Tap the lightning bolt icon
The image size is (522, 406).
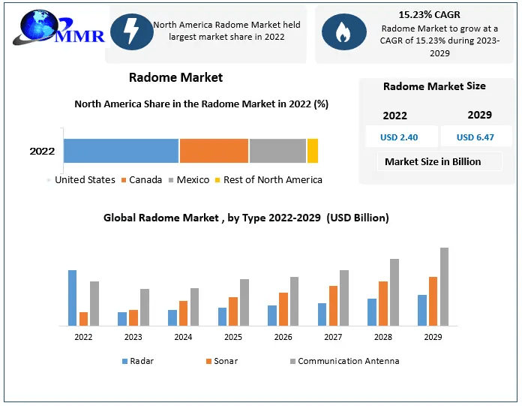(131, 32)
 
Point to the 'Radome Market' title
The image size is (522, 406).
(175, 77)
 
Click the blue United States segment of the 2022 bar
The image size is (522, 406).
(121, 151)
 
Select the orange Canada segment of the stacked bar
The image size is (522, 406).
(214, 151)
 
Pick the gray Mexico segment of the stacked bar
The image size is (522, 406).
(277, 151)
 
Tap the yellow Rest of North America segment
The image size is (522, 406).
(313, 151)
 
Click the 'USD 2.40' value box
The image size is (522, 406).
(399, 137)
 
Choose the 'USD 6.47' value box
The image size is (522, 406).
(475, 137)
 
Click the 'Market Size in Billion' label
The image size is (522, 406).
(433, 161)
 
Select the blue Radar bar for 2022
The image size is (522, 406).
(72, 298)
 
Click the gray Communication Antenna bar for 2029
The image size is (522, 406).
(444, 287)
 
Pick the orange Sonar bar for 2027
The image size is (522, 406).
(334, 305)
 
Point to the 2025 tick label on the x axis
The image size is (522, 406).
(233, 337)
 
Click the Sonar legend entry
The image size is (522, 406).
(222, 361)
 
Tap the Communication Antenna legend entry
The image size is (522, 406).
(344, 361)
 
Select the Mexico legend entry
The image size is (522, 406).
(188, 180)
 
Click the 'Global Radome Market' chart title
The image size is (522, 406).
(246, 218)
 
